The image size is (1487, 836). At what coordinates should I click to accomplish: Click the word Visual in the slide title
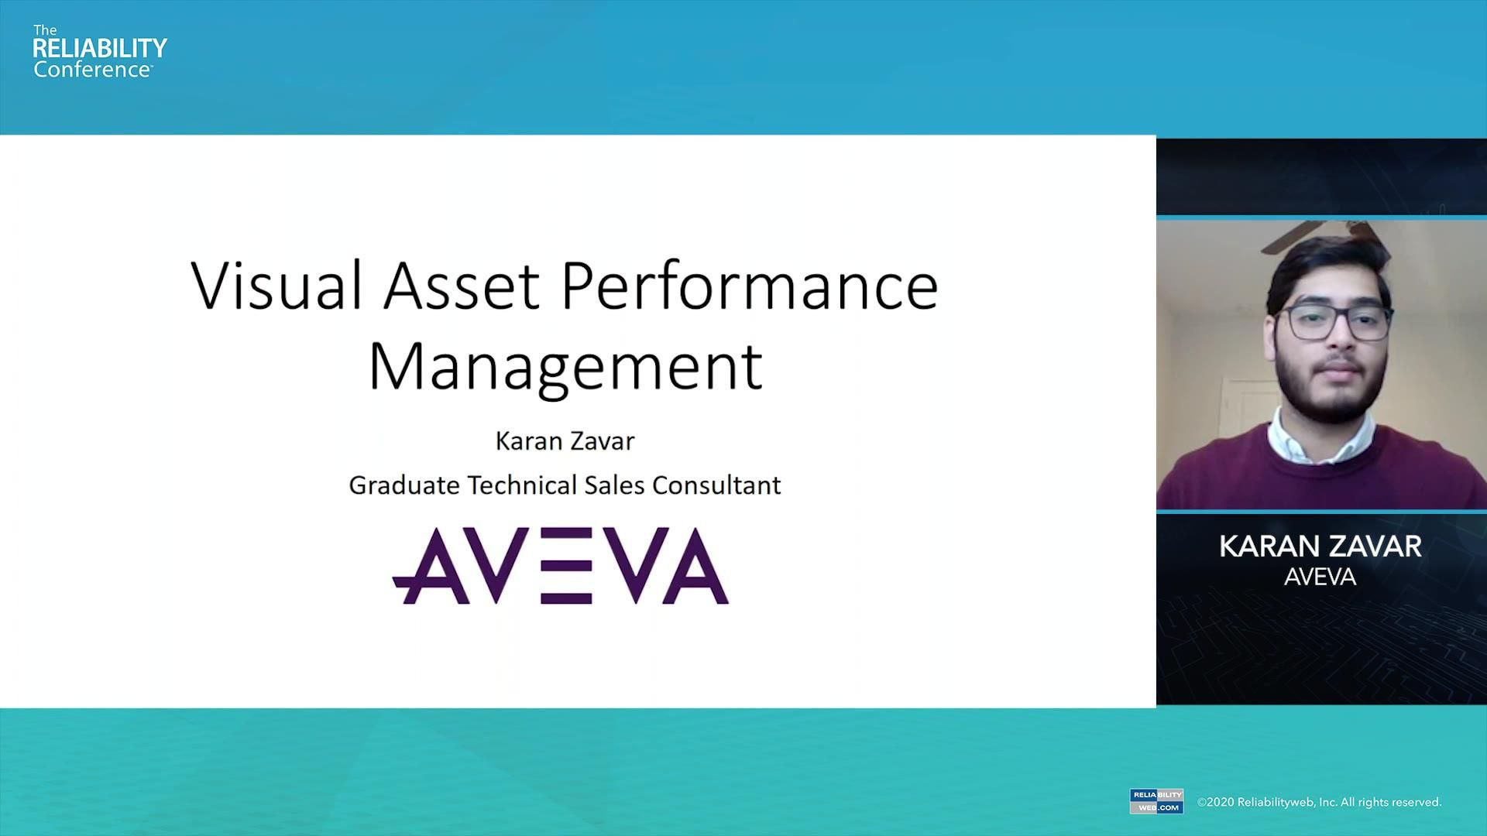[x=276, y=286]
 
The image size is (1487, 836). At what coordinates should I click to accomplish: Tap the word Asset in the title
[x=461, y=286]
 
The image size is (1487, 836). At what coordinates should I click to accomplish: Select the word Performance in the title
[x=749, y=286]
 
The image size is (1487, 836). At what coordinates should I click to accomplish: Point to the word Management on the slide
[x=565, y=367]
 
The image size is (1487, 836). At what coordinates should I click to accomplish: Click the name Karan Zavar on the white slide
[x=565, y=440]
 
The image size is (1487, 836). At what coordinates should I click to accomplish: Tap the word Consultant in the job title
[x=716, y=485]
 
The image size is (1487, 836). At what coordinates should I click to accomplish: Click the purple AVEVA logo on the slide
[x=560, y=566]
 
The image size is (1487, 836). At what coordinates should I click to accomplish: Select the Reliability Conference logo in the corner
[x=99, y=51]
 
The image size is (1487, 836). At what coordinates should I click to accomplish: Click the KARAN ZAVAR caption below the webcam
[x=1320, y=546]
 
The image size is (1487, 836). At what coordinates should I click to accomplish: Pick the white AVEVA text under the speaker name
[x=1320, y=577]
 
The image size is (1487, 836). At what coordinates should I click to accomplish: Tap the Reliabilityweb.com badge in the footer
[x=1156, y=801]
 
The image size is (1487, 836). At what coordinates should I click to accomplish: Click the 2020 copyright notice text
[x=1319, y=802]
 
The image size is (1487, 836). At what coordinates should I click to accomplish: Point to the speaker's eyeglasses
[x=1334, y=322]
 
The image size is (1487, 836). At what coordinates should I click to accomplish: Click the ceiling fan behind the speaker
[x=1309, y=232]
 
